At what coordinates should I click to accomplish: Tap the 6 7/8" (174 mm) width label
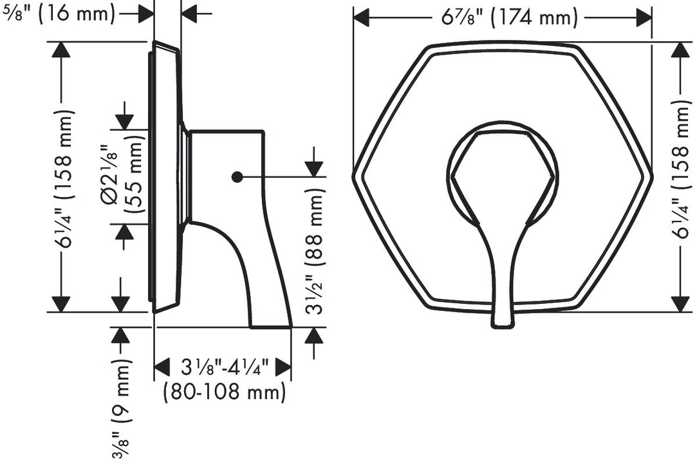click(510, 17)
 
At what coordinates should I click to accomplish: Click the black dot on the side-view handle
click(237, 176)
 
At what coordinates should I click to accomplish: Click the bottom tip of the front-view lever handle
click(503, 324)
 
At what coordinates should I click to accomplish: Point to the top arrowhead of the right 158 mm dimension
click(680, 50)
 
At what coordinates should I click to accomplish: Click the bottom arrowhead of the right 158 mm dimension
click(680, 304)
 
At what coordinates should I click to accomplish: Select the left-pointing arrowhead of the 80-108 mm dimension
click(162, 368)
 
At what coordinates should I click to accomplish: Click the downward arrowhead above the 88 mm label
click(313, 168)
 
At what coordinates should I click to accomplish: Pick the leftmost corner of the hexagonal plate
click(354, 175)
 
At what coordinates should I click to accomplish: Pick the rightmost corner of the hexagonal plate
click(651, 175)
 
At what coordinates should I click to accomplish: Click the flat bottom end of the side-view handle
click(271, 326)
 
